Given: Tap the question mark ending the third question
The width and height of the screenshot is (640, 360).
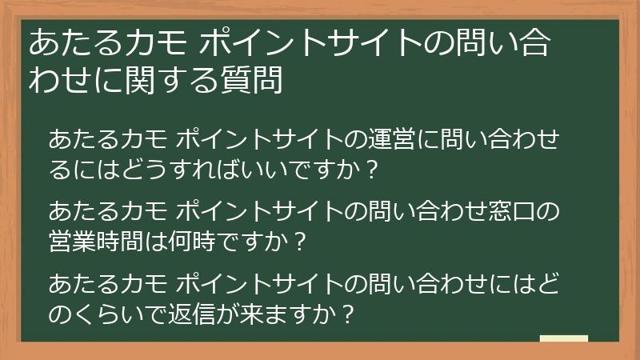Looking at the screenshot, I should coord(346,312).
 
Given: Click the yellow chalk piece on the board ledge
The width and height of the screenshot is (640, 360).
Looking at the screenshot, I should coord(564,338).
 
